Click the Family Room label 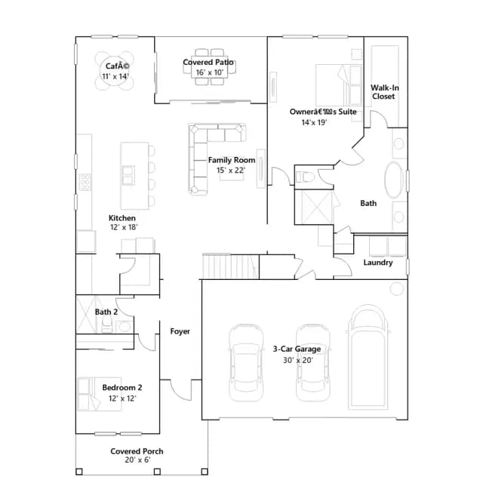[x=232, y=160]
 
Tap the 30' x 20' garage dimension [x=298, y=360]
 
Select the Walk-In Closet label [x=384, y=92]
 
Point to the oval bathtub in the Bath [x=394, y=180]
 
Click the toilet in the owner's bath [x=305, y=177]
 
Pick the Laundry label [x=378, y=263]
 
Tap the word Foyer [x=180, y=331]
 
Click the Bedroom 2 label [x=122, y=387]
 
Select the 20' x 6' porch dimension [x=137, y=460]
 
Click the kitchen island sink [x=128, y=175]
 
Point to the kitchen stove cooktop [x=85, y=182]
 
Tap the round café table [x=114, y=71]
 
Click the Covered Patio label [x=208, y=62]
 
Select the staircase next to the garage [x=230, y=266]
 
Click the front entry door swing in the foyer [x=180, y=390]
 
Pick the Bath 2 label [x=106, y=312]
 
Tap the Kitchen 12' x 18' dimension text [x=124, y=227]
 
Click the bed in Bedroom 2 [x=99, y=394]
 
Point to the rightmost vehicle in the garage [x=368, y=357]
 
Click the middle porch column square [x=157, y=472]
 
